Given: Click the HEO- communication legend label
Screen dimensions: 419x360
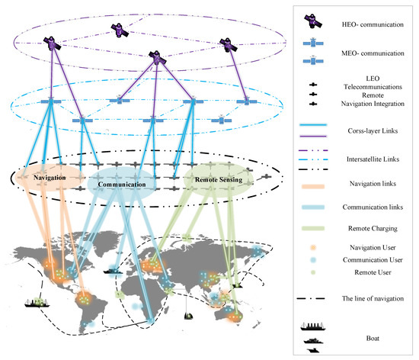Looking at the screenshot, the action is (373, 24).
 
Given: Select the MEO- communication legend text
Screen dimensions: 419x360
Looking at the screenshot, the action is (373, 53).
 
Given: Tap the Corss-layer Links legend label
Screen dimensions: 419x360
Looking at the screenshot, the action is (373, 130).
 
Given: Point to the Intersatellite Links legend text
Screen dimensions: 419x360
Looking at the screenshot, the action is (373, 159).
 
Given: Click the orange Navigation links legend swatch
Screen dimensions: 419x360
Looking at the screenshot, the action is (313, 186).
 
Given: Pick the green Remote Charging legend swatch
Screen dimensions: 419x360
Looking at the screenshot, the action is (313, 228).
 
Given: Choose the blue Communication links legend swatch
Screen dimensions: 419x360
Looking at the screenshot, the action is (313, 207).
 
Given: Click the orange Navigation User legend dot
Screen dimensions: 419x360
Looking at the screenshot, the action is (313, 248).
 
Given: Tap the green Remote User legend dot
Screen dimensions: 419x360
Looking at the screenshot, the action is (313, 272).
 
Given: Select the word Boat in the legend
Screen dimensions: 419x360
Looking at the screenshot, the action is (373, 339).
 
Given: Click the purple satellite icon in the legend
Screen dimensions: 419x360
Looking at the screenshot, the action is (313, 21).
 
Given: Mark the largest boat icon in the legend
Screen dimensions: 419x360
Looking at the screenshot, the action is (313, 326).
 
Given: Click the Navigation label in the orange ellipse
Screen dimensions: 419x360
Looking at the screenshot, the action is (50, 178).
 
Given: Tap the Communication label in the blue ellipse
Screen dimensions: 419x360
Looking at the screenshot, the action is (122, 185).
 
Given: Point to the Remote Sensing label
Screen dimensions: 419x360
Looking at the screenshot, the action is (219, 180).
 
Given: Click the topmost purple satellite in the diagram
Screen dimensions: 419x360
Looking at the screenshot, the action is (120, 31).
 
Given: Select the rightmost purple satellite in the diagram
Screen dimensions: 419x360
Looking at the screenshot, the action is (229, 45).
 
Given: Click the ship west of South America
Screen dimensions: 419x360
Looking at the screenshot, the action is (37, 303).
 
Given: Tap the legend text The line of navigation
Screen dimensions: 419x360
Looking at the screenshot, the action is (373, 298).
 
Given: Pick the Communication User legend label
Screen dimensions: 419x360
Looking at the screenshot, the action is (373, 260).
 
